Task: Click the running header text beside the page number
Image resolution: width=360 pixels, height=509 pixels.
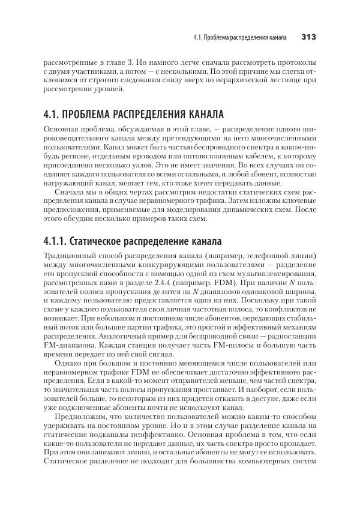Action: (240, 37)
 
